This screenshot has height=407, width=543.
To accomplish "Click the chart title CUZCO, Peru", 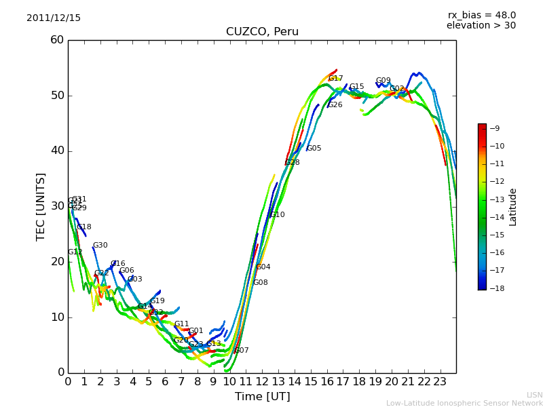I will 262,32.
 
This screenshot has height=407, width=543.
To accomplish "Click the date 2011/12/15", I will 54,18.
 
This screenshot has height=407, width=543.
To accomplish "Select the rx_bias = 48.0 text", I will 482,16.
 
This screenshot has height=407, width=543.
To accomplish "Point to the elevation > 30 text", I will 481,26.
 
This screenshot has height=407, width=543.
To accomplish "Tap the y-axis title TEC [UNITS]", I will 41,206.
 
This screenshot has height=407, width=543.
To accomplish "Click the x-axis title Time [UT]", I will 262,397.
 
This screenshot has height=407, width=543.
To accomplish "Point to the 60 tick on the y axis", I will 57,40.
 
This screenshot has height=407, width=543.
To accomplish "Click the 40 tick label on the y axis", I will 57,151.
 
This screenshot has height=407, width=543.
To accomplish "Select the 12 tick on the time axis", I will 262,381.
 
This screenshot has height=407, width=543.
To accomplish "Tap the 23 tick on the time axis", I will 440,381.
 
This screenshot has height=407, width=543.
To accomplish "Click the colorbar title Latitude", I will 513,207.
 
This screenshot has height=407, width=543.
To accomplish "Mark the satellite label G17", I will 335,79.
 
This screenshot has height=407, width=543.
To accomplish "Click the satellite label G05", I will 314,149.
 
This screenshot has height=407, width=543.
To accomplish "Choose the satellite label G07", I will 242,351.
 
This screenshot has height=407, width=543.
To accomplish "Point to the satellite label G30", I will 100,246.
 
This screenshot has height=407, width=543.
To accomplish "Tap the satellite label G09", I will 383,81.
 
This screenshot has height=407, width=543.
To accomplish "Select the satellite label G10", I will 278,215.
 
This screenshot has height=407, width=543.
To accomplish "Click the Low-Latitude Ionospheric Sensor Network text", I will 464,404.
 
